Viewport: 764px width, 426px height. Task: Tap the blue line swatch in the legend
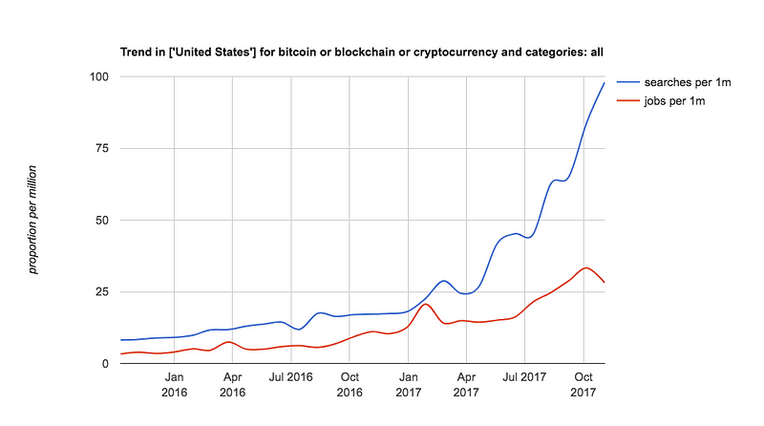point(628,83)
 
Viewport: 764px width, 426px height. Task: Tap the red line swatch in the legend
point(628,99)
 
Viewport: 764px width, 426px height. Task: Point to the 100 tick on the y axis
point(100,76)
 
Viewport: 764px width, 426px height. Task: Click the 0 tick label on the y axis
point(107,364)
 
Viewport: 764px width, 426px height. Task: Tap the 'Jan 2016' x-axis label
point(174,385)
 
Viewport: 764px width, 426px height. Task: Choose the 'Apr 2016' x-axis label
point(232,385)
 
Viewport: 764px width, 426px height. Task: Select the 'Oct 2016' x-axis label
point(350,385)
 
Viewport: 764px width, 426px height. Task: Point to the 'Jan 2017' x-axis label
point(409,385)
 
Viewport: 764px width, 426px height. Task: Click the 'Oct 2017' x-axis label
point(583,385)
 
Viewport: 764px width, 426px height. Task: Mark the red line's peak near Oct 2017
point(586,267)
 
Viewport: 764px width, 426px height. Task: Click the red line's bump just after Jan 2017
point(426,304)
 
